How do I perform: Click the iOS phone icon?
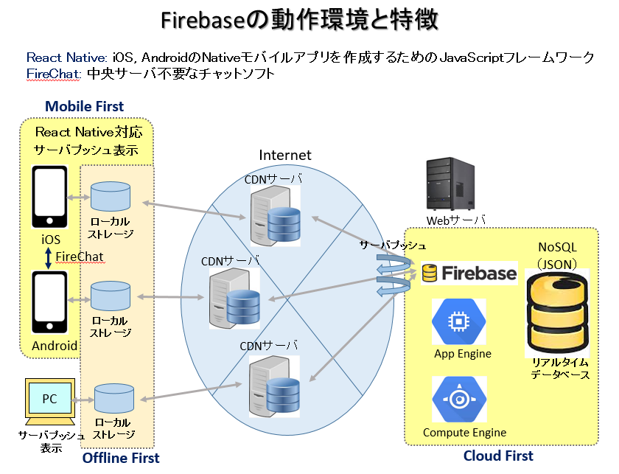[x=50, y=197]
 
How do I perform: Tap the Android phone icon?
[x=50, y=302]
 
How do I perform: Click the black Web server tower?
[x=450, y=184]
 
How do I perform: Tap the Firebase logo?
[x=469, y=273]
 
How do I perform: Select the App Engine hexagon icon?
[x=458, y=321]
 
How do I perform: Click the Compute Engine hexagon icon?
[x=459, y=399]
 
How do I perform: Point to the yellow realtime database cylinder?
[x=557, y=313]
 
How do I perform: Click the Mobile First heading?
[x=85, y=106]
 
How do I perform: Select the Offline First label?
[x=121, y=458]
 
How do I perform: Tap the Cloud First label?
[x=498, y=456]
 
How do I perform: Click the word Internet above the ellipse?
[x=285, y=156]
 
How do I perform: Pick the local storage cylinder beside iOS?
[x=111, y=196]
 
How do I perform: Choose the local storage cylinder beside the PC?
[x=114, y=399]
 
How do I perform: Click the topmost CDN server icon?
[x=275, y=215]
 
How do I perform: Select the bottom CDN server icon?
[x=274, y=386]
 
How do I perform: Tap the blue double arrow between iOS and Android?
[x=48, y=258]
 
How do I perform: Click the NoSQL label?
[x=557, y=247]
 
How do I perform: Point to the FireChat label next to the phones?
[x=80, y=257]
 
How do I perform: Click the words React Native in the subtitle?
[x=66, y=57]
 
